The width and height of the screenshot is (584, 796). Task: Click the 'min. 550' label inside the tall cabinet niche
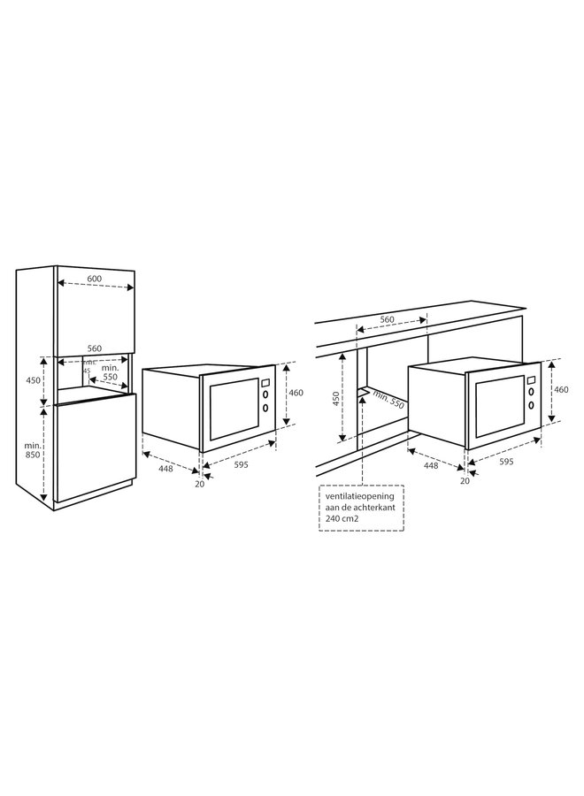pos(110,371)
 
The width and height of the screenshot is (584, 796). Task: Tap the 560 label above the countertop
pos(387,319)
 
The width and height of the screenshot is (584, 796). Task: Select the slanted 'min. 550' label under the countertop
pos(388,400)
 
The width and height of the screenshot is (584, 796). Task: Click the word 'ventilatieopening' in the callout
pos(359,497)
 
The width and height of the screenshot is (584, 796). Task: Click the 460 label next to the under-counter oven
pos(562,389)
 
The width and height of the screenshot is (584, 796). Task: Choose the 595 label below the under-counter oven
pos(506,461)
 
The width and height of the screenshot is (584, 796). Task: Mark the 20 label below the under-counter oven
pos(465,480)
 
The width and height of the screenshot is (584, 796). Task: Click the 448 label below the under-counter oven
pos(430,464)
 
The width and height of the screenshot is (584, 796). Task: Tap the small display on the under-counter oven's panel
pos(531,381)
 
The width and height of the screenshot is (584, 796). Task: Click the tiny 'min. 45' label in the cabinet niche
pos(88,365)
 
